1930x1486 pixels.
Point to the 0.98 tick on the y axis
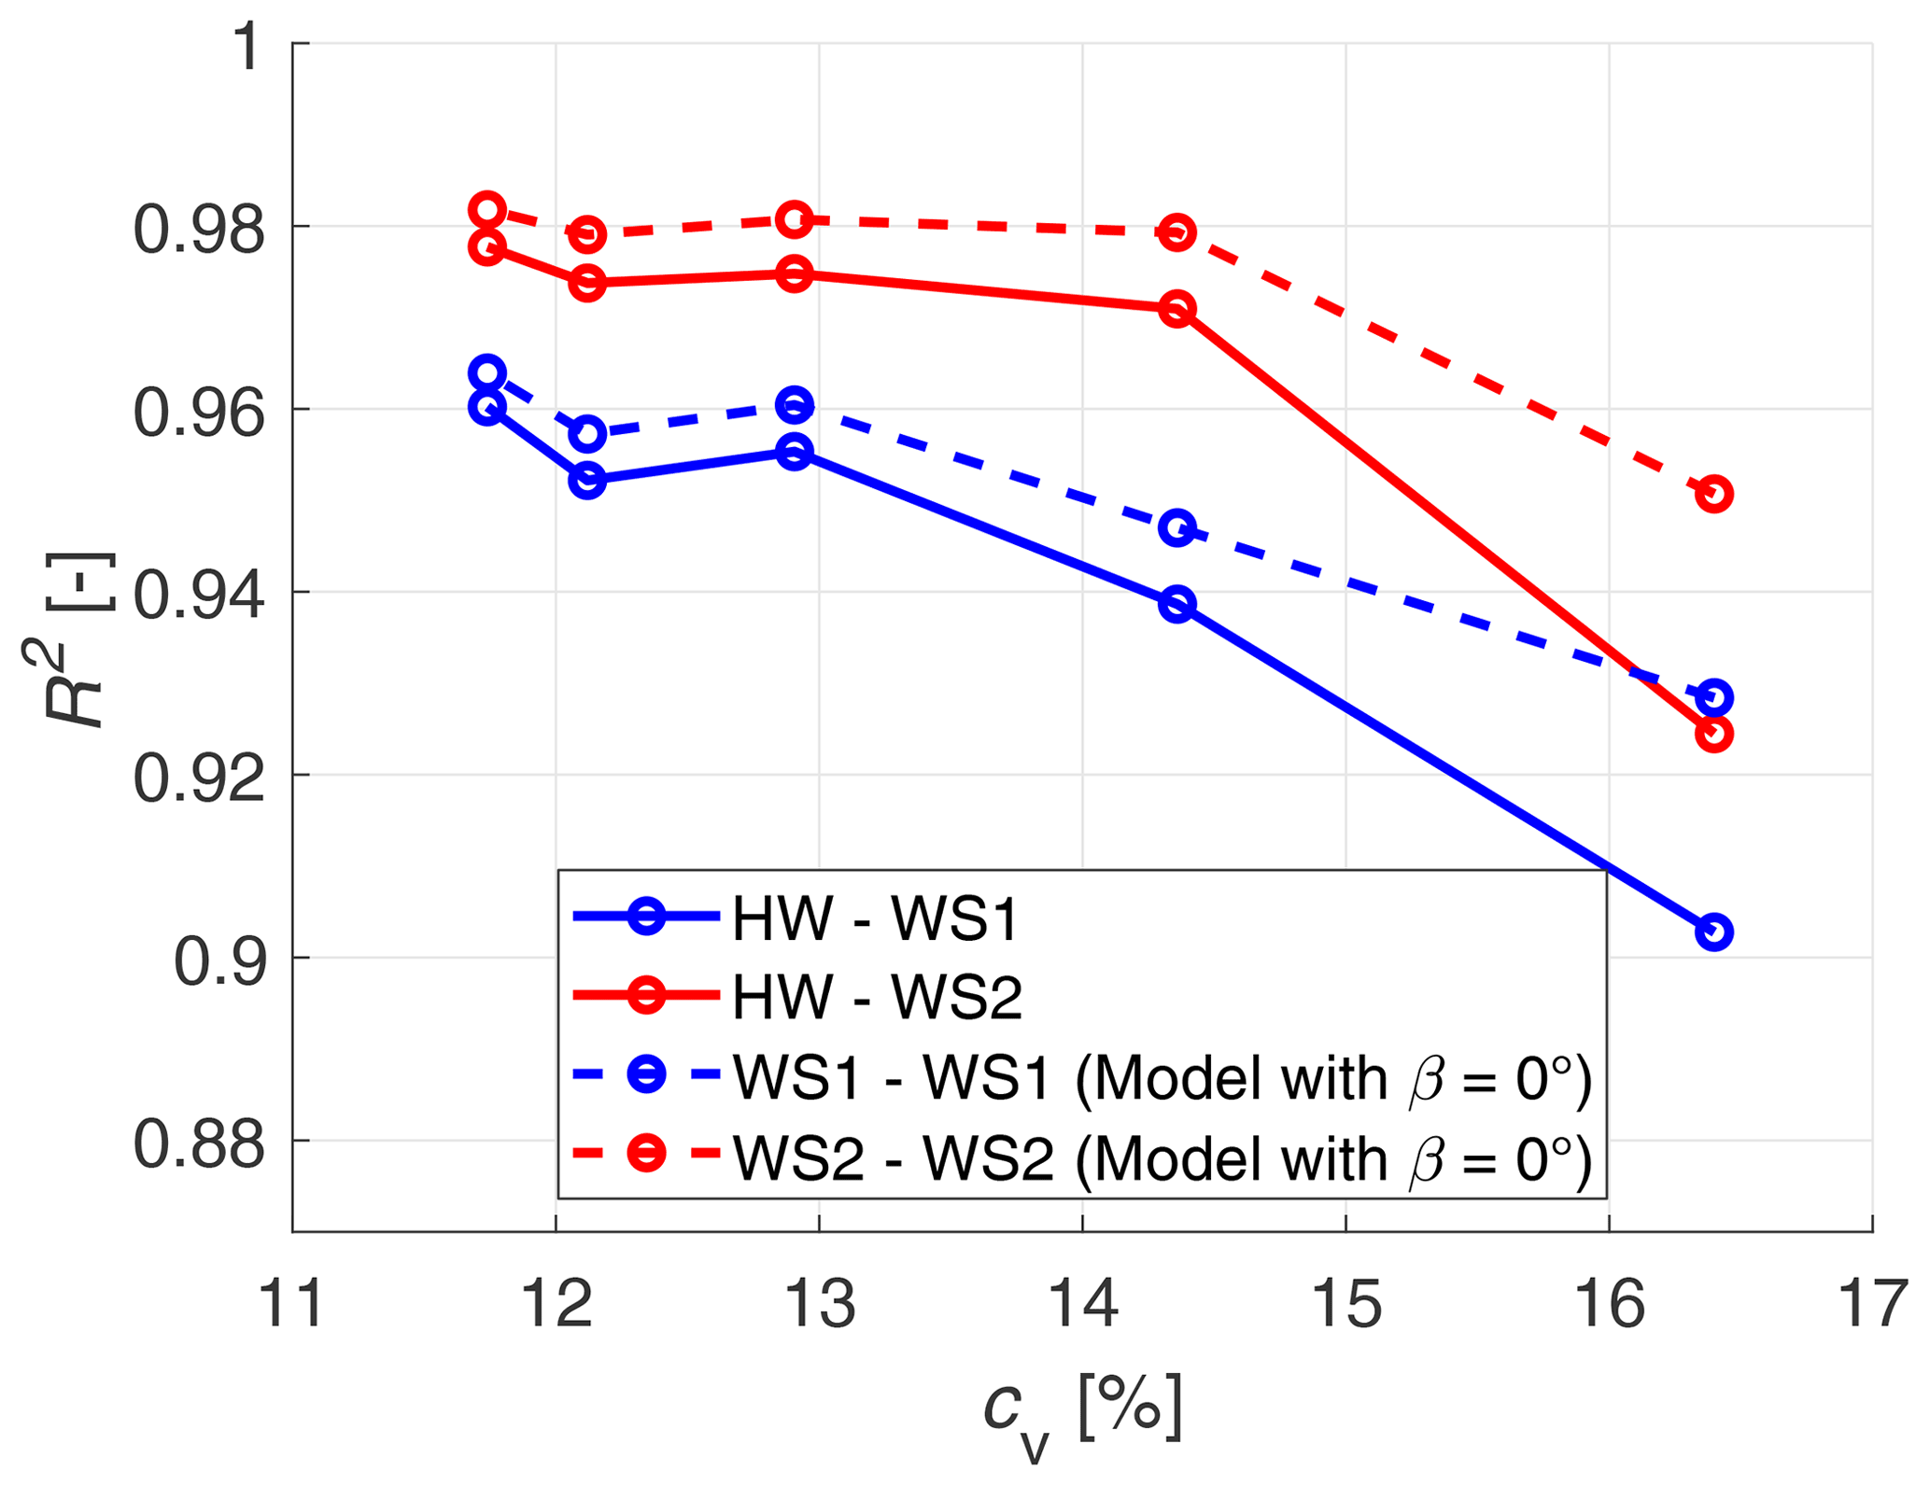coord(199,230)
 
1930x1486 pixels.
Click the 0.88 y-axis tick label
coord(199,1144)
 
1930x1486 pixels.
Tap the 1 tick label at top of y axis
coord(247,47)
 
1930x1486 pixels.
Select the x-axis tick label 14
coord(1082,1304)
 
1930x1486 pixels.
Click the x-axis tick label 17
coord(1871,1304)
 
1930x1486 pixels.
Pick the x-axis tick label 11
coord(292,1304)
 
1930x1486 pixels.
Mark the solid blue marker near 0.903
coord(1713,932)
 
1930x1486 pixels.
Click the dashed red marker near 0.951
coord(1713,493)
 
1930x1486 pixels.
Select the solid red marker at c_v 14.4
coord(1176,309)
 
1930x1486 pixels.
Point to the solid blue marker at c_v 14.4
coord(1176,604)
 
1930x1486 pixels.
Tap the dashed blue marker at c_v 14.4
coord(1176,529)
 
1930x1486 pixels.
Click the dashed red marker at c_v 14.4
coord(1176,231)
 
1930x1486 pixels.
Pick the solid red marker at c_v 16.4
coord(1713,734)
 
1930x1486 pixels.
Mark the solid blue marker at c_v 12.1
coord(586,480)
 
